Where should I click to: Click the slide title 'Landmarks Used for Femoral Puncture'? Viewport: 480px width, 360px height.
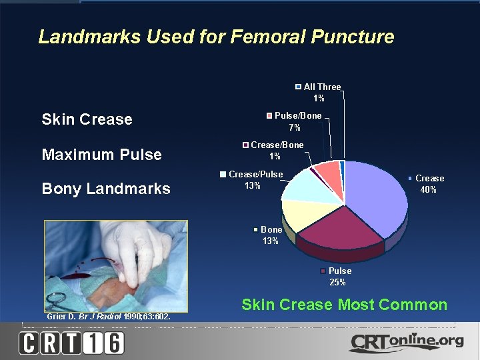pyautogui.click(x=216, y=37)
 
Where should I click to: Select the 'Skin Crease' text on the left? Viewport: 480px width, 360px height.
pyautogui.click(x=87, y=120)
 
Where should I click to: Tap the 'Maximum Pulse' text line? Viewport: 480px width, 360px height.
pyautogui.click(x=101, y=155)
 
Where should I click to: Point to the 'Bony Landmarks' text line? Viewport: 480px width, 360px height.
pyautogui.click(x=105, y=189)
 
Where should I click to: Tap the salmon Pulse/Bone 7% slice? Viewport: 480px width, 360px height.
pyautogui.click(x=328, y=171)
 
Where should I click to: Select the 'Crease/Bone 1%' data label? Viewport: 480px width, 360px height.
pyautogui.click(x=273, y=151)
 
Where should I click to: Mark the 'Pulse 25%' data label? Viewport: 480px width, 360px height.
pyautogui.click(x=337, y=277)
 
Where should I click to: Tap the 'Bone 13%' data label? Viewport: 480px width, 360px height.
pyautogui.click(x=269, y=235)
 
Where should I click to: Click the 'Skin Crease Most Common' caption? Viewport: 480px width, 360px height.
pyautogui.click(x=344, y=305)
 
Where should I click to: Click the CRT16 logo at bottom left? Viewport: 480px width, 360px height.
pyautogui.click(x=71, y=343)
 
